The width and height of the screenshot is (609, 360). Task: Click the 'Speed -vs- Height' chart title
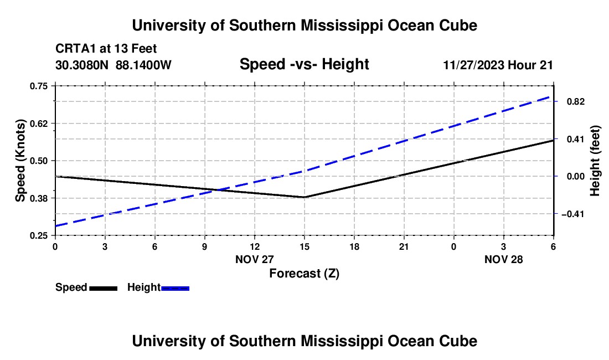click(x=304, y=65)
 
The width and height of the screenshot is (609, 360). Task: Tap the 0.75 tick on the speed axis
click(x=39, y=86)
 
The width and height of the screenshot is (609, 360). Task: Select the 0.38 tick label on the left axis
click(x=39, y=198)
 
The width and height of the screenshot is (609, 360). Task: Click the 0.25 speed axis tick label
click(x=39, y=236)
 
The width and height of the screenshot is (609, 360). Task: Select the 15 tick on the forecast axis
click(x=304, y=246)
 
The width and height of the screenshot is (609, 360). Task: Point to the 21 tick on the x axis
click(x=404, y=246)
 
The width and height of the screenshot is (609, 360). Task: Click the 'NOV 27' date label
click(x=255, y=259)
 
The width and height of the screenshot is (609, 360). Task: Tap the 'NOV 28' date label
click(x=503, y=259)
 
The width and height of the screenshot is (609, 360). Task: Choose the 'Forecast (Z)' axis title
click(x=304, y=273)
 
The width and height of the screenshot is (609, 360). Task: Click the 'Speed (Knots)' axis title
click(x=20, y=161)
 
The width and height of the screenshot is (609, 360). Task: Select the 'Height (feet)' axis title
click(x=596, y=161)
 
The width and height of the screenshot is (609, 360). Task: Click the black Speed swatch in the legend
click(x=103, y=288)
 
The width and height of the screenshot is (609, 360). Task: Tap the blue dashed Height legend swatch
click(x=175, y=288)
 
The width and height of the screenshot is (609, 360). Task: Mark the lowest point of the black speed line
click(x=304, y=197)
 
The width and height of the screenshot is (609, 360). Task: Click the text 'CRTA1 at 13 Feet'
click(x=106, y=49)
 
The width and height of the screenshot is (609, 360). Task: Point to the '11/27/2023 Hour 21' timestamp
click(x=498, y=65)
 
